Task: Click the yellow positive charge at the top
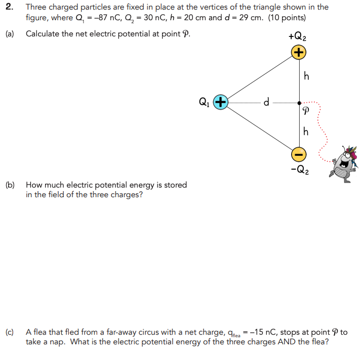[x=299, y=52]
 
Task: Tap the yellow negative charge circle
[x=299, y=152]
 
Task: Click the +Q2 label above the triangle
[x=297, y=37]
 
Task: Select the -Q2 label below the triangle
[x=298, y=168]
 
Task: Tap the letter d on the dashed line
[x=266, y=102]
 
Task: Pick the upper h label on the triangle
[x=305, y=77]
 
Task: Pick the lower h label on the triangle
[x=305, y=131]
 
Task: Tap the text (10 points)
[x=287, y=17]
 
